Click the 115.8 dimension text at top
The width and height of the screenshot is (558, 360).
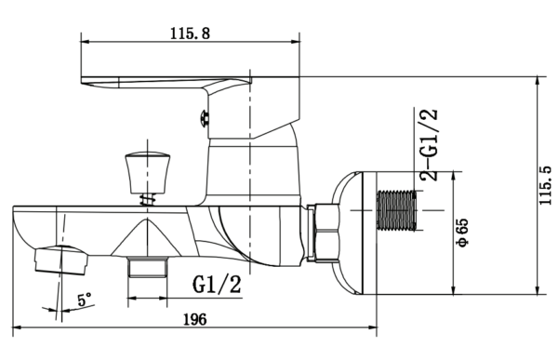coord(190,33)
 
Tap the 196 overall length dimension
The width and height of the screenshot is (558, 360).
coord(194,319)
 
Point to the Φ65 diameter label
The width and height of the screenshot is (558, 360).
coord(463,233)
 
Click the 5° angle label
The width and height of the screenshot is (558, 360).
coord(85,300)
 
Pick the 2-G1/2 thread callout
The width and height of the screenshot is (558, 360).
coord(429,144)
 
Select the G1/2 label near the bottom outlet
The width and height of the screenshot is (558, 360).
coord(217,284)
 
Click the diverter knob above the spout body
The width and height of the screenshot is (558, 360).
coord(147,172)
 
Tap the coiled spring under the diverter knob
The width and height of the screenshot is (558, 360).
coord(148,199)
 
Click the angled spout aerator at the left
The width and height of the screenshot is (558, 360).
coord(60,260)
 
